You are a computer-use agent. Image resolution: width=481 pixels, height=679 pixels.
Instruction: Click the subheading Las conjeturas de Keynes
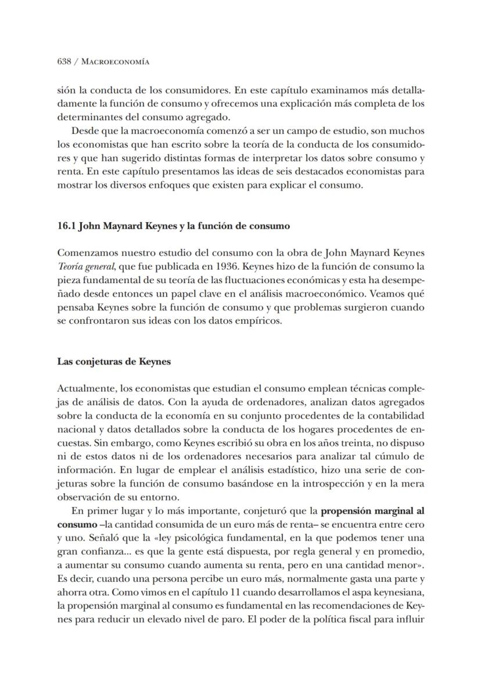pos(113,361)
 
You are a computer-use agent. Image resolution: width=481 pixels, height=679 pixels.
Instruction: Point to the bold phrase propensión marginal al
pos(372,512)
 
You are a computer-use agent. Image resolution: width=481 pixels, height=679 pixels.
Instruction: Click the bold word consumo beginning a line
pos(73,525)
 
